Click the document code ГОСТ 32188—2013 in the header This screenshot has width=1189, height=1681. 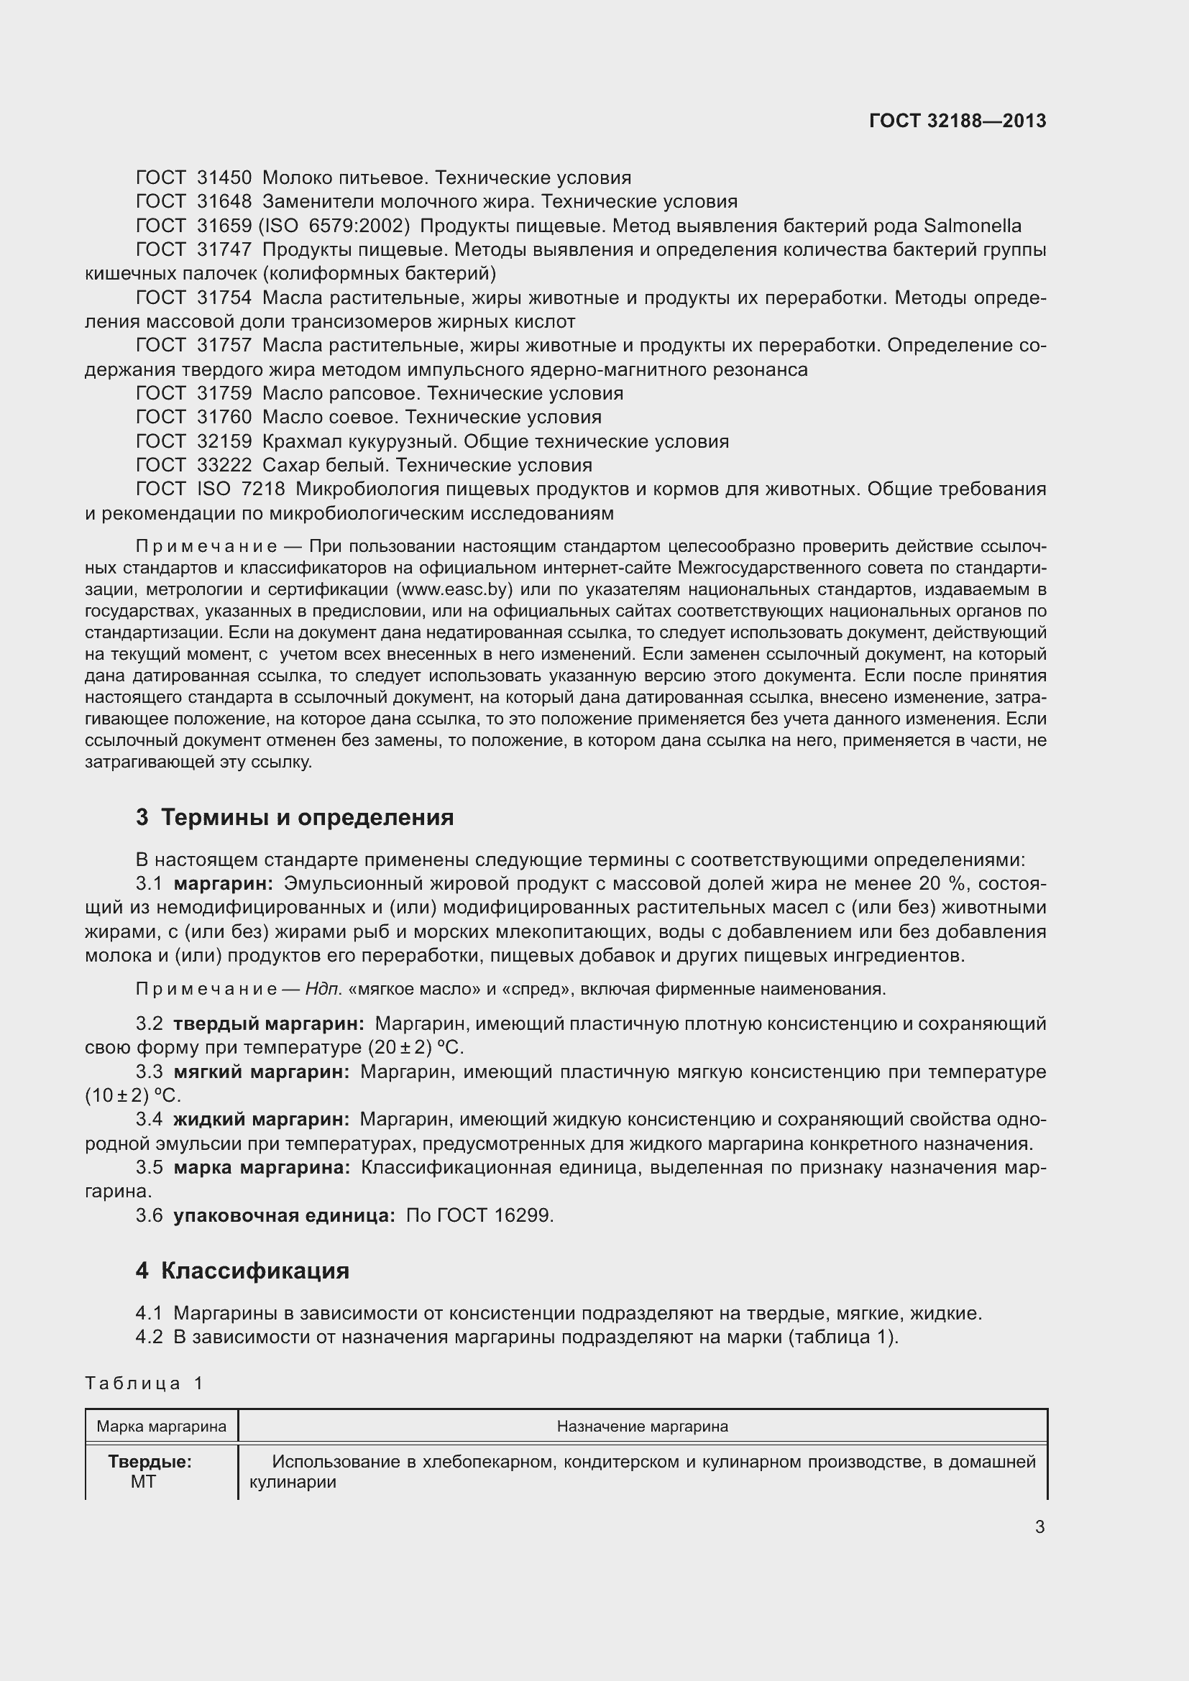pyautogui.click(x=957, y=121)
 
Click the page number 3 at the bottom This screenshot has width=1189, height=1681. pyautogui.click(x=1039, y=1526)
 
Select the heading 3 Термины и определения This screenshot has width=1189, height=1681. pyautogui.click(x=294, y=817)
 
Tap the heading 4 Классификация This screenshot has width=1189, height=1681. pyautogui.click(x=242, y=1270)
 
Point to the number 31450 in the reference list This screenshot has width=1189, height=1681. pyautogui.click(x=224, y=178)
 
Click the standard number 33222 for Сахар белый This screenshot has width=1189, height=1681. pyautogui.click(x=224, y=465)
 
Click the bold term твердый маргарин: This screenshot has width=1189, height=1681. pyautogui.click(x=269, y=1023)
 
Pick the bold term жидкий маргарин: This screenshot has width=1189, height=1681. pyautogui.click(x=262, y=1120)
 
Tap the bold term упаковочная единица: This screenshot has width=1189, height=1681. pyautogui.click(x=284, y=1215)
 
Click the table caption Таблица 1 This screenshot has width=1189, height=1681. pyautogui.click(x=144, y=1383)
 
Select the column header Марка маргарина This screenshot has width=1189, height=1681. pyautogui.click(x=162, y=1426)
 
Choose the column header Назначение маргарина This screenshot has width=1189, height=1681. pyautogui.click(x=642, y=1426)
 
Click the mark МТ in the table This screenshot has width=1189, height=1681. pyautogui.click(x=144, y=1481)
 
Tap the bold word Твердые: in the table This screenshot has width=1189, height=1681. pyautogui.click(x=150, y=1461)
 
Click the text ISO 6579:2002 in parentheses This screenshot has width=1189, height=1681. pyautogui.click(x=334, y=226)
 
